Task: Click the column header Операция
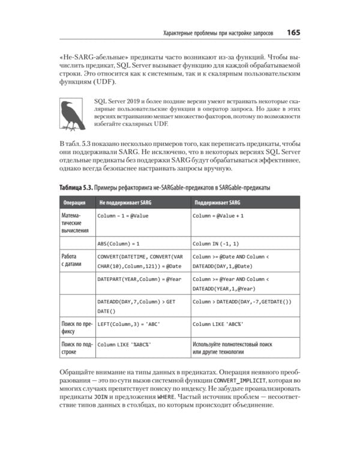click(76, 202)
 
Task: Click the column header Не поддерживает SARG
click(125, 202)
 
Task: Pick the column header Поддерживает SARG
click(217, 202)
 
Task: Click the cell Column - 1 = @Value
click(123, 215)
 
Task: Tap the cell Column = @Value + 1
click(218, 215)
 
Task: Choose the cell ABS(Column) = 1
click(118, 244)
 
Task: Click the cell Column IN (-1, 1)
click(215, 244)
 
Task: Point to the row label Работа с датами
click(73, 261)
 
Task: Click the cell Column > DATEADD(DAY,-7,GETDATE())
click(242, 301)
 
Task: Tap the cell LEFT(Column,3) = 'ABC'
click(128, 324)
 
